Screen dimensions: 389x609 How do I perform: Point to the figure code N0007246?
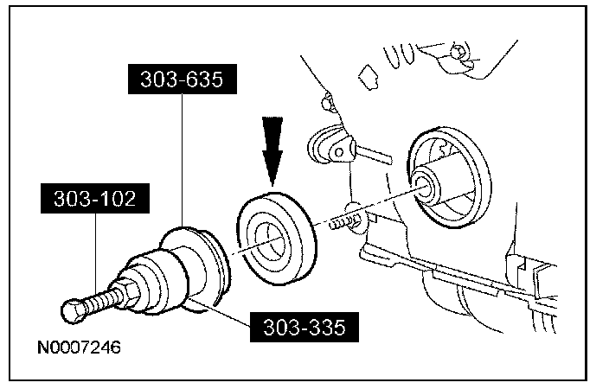(78, 349)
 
